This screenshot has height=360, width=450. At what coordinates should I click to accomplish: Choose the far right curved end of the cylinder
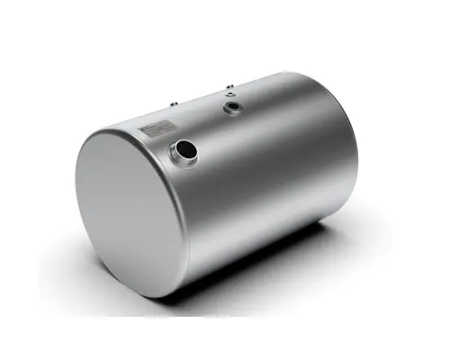[355, 153]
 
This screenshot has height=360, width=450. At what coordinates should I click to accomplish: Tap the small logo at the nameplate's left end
[145, 133]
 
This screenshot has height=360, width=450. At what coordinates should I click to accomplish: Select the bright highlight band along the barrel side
[270, 144]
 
